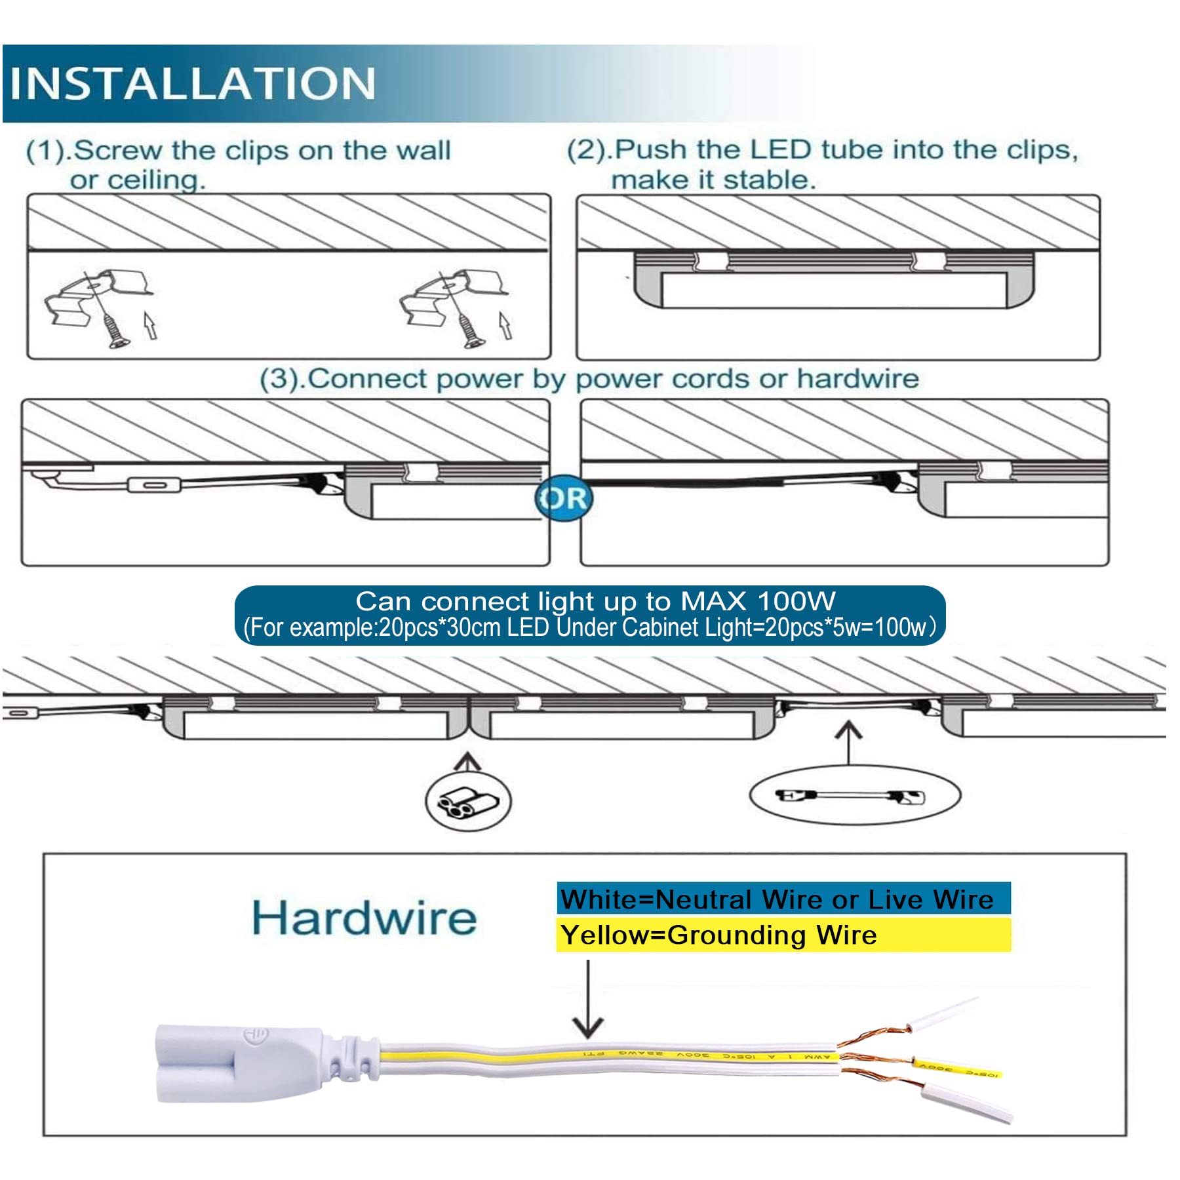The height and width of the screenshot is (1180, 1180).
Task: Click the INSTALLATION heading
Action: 193,83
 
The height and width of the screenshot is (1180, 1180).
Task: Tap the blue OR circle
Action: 563,498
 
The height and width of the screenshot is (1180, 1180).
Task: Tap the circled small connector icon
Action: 468,800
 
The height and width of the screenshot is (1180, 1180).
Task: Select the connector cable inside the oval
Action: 850,796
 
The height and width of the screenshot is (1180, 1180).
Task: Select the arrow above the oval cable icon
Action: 848,741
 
